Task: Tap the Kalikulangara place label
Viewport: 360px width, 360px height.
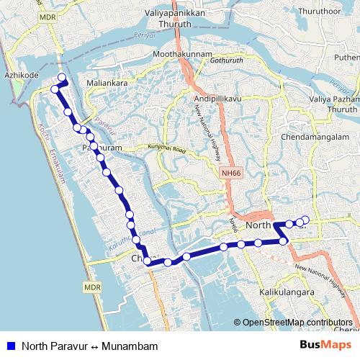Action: [x=287, y=293]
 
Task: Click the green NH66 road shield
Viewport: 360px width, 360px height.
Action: [x=229, y=173]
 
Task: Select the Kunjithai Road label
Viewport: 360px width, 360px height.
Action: [x=167, y=148]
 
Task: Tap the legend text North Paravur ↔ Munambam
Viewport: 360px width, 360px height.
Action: [x=89, y=346]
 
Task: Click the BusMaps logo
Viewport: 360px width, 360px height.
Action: [x=324, y=345]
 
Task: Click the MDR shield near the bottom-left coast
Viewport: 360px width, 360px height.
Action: [x=90, y=287]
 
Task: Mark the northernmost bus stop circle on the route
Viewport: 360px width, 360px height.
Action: [x=62, y=78]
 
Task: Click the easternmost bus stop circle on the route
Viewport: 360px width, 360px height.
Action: [x=305, y=220]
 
